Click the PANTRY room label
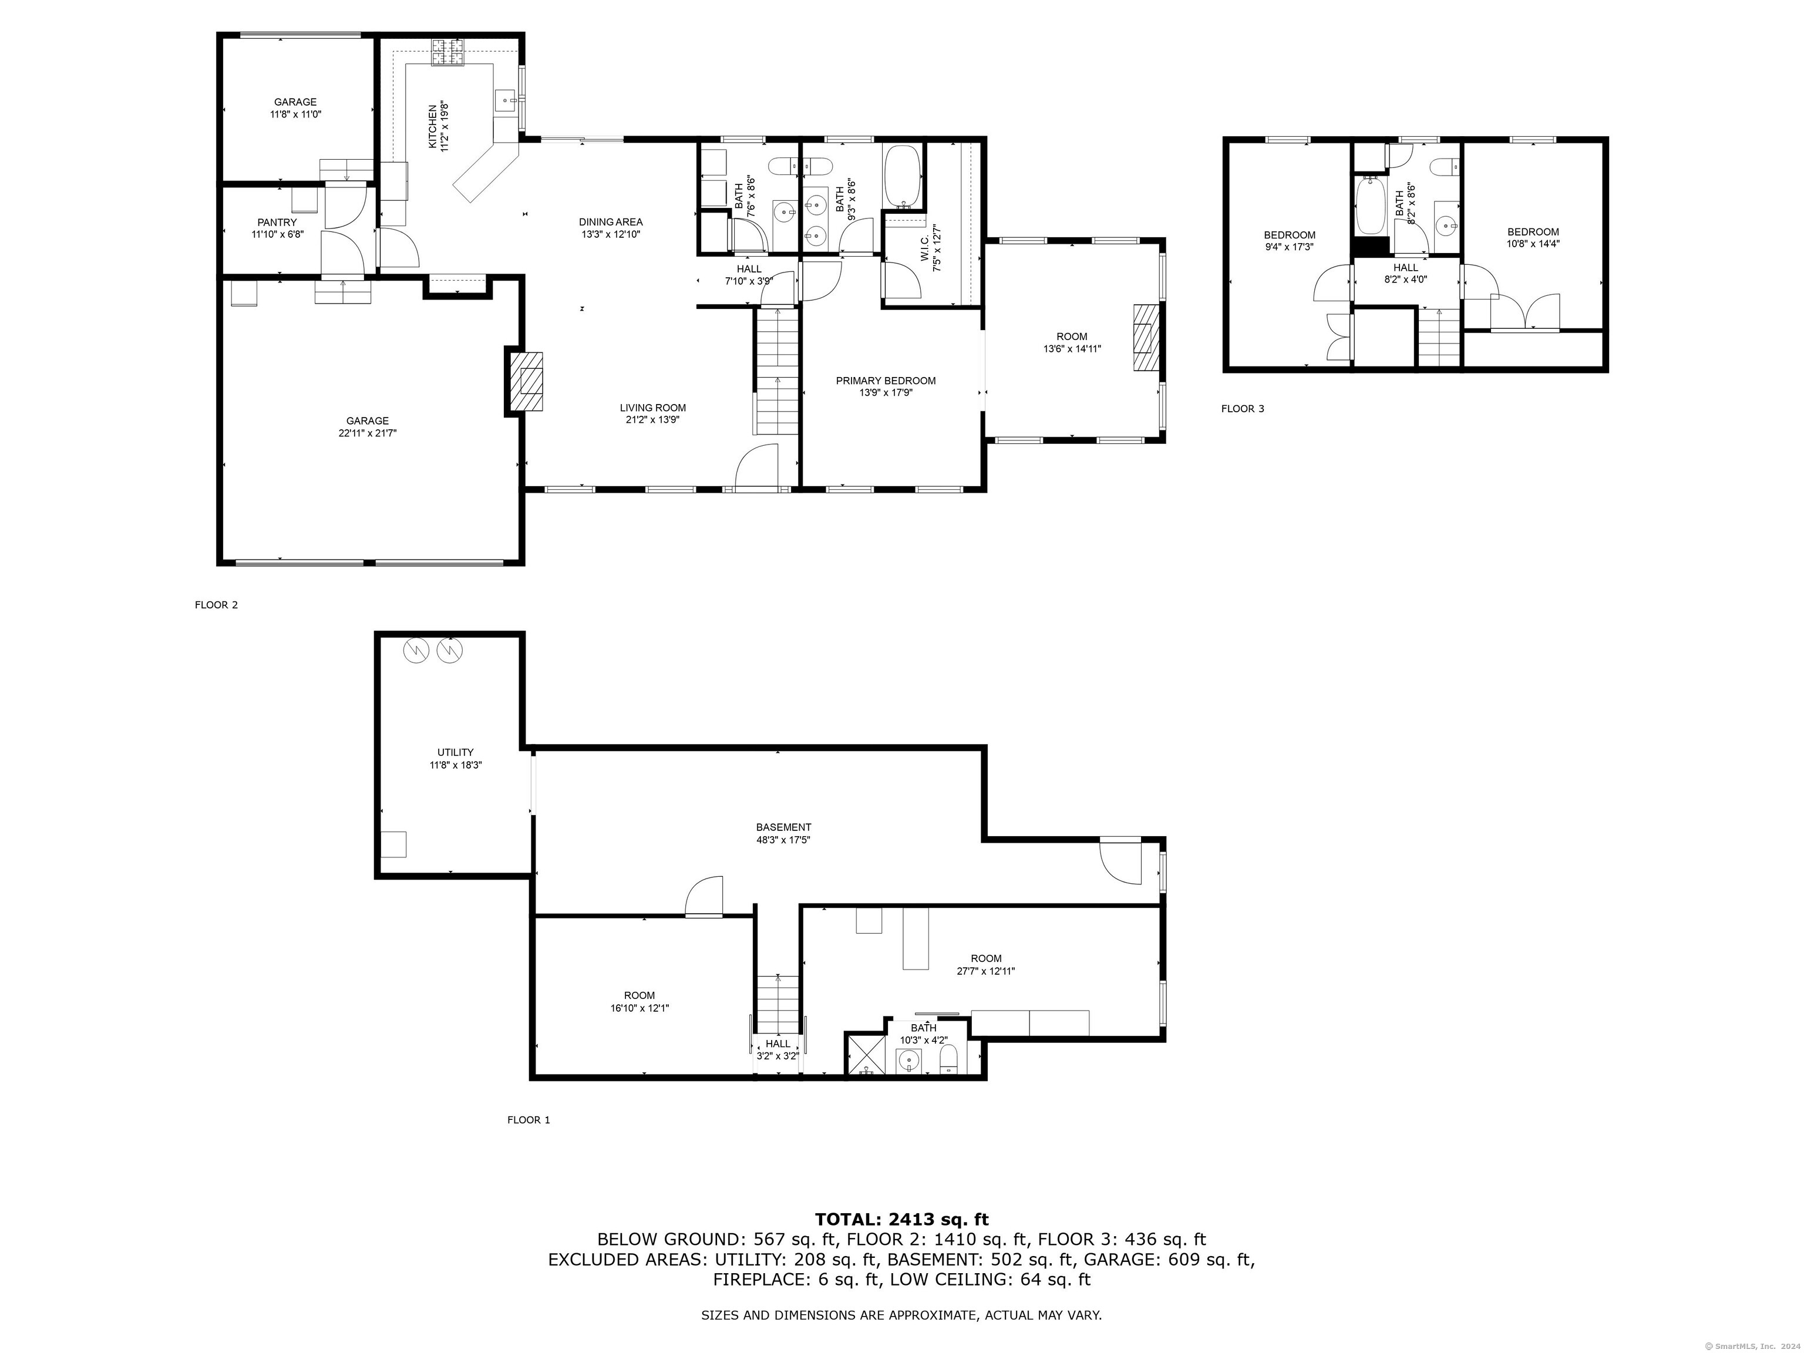pyautogui.click(x=277, y=222)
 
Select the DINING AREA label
pyautogui.click(x=611, y=222)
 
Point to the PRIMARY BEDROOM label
pyautogui.click(x=886, y=381)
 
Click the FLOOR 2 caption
pyautogui.click(x=216, y=605)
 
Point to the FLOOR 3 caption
pyautogui.click(x=1243, y=409)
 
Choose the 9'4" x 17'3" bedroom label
pyautogui.click(x=1290, y=241)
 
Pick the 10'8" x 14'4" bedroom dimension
pyautogui.click(x=1533, y=243)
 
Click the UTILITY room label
pyautogui.click(x=455, y=753)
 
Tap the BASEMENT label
pyautogui.click(x=784, y=827)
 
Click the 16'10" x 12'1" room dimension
pyautogui.click(x=640, y=1008)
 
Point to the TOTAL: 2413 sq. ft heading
pyautogui.click(x=901, y=1219)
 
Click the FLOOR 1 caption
pyautogui.click(x=529, y=1120)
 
